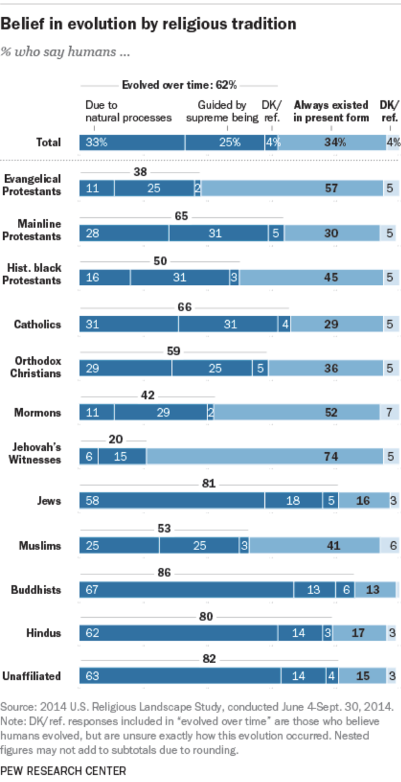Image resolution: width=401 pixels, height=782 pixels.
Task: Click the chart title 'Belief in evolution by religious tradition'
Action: [149, 24]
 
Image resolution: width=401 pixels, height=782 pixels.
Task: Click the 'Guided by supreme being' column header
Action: [227, 111]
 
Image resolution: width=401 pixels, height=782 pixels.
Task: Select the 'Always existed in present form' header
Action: [330, 111]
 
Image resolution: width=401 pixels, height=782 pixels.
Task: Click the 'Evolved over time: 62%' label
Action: [179, 85]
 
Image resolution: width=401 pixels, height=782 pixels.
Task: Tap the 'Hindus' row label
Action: [45, 633]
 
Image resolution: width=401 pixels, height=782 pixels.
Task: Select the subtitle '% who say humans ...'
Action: [66, 52]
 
